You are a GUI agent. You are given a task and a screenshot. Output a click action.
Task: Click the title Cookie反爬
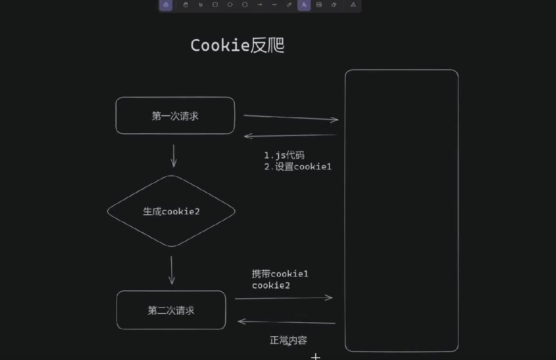click(x=237, y=45)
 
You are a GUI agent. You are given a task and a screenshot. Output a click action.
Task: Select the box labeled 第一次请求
click(x=175, y=116)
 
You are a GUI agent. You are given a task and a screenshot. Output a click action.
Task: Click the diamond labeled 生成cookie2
click(x=171, y=211)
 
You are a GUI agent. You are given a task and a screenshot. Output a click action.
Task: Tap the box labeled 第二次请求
click(x=171, y=310)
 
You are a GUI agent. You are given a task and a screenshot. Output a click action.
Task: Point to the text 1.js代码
click(x=284, y=155)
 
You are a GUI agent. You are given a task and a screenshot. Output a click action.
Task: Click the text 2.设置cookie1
click(x=298, y=167)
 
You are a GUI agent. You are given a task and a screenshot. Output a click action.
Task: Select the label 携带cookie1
click(x=280, y=274)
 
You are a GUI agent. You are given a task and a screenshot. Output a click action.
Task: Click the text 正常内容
click(x=288, y=340)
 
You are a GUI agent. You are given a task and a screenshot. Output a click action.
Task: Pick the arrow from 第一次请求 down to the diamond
click(x=174, y=156)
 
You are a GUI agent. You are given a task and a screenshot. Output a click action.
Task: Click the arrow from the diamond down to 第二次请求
click(x=172, y=270)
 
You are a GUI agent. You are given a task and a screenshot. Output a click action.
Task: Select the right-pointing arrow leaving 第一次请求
click(x=291, y=118)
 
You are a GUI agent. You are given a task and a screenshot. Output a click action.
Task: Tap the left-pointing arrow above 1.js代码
click(x=291, y=136)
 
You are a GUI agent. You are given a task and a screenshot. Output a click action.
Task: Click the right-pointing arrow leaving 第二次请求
click(x=284, y=298)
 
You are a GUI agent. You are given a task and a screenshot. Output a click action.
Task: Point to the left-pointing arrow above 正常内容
click(x=287, y=322)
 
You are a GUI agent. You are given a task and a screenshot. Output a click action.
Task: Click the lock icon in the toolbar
click(x=166, y=5)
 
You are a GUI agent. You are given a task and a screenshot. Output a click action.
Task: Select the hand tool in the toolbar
click(x=185, y=5)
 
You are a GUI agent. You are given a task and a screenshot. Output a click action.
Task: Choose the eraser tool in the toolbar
click(x=334, y=5)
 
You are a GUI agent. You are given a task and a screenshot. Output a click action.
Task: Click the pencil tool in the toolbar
click(x=289, y=5)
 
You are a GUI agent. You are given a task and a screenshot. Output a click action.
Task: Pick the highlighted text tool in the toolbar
click(x=304, y=5)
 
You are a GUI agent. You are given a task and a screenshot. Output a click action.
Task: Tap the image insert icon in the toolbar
click(x=319, y=5)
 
